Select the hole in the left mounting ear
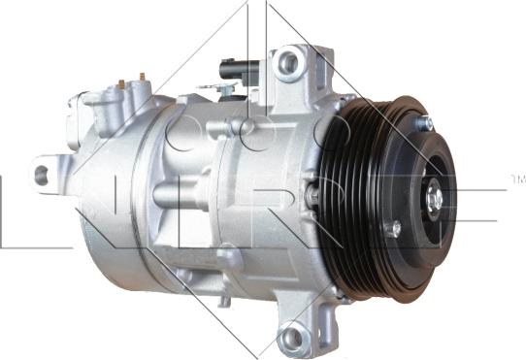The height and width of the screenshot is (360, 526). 41,175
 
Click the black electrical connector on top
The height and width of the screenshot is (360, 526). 236,70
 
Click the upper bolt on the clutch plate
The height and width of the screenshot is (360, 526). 425,124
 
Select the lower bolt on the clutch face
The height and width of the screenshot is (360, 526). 394,229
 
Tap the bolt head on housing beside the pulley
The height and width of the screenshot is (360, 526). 312,194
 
